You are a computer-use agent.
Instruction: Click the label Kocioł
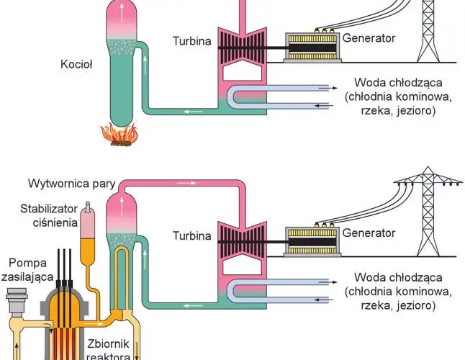point(76,64)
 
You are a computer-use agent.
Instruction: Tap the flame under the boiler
point(119,135)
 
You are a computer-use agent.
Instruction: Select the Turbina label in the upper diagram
point(192,41)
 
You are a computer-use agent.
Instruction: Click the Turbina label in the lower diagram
point(192,235)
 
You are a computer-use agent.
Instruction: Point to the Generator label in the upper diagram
point(369,38)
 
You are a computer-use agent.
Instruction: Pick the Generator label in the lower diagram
point(369,233)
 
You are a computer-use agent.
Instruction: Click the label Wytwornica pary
point(72,184)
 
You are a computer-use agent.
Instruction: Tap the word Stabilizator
point(49,209)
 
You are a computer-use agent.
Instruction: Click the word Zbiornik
point(108,344)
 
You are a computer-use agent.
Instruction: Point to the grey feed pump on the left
point(17,300)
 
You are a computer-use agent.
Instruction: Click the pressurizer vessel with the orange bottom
point(88,233)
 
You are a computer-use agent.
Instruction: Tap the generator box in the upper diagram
point(312,47)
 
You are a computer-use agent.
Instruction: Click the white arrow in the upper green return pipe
point(193,112)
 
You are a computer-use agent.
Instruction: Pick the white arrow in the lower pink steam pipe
point(186,183)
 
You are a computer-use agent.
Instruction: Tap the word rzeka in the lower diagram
point(374,305)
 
